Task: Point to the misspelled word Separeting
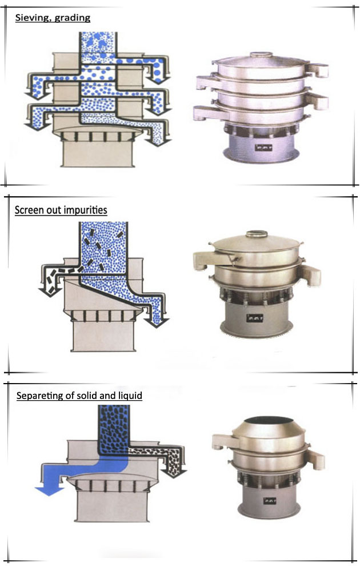pyautogui.click(x=39, y=396)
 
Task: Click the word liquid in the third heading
pyautogui.click(x=130, y=396)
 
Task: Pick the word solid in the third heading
pyautogui.click(x=87, y=395)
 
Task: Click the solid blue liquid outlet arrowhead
pyautogui.click(x=50, y=491)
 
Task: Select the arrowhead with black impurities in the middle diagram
pyautogui.click(x=49, y=292)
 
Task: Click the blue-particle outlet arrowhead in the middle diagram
pyautogui.click(x=157, y=322)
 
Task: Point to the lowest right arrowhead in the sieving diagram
pyautogui.click(x=158, y=142)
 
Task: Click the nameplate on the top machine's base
pyautogui.click(x=263, y=148)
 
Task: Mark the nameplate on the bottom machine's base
pyautogui.click(x=270, y=501)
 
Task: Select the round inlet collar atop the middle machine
pyautogui.click(x=257, y=234)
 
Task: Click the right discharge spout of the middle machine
pyautogui.click(x=310, y=275)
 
